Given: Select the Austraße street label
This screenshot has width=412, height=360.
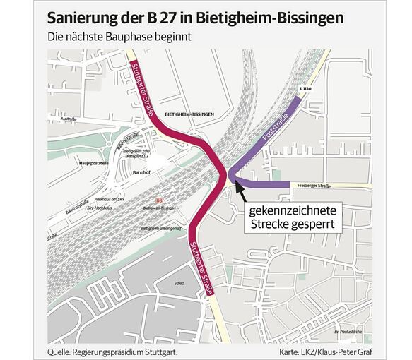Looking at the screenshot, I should point(68,119).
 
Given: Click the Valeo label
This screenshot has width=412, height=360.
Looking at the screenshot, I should point(178,284).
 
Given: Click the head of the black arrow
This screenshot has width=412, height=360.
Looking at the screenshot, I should point(235,184).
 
